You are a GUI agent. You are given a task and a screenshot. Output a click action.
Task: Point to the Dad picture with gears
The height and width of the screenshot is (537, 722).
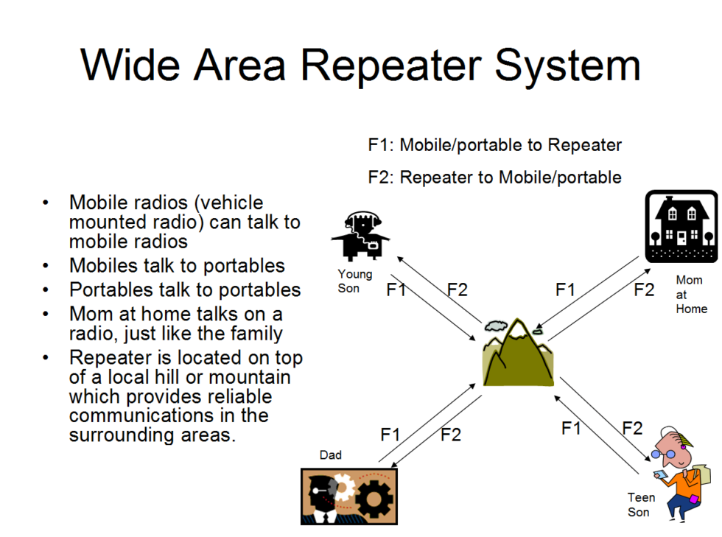(x=349, y=496)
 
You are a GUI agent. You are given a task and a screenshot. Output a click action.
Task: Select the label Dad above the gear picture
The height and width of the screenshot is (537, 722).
(x=331, y=455)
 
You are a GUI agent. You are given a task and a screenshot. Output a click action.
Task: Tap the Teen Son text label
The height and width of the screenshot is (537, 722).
(x=641, y=505)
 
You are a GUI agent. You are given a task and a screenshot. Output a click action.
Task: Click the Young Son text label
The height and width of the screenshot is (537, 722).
(x=355, y=281)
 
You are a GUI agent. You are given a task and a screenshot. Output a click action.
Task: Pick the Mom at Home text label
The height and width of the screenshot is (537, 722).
(x=691, y=295)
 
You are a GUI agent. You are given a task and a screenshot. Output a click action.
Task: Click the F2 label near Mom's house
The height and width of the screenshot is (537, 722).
(x=644, y=289)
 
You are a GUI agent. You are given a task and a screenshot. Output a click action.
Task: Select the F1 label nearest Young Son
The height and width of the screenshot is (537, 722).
(x=396, y=289)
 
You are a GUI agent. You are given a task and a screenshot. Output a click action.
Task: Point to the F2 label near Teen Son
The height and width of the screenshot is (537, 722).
(x=632, y=428)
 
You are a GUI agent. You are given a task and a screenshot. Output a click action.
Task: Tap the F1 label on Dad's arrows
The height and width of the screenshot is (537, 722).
(x=390, y=435)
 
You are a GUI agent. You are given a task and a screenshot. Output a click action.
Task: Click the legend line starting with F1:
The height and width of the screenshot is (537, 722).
(x=494, y=145)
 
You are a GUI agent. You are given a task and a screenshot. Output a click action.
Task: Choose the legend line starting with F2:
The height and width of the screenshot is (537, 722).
(x=494, y=178)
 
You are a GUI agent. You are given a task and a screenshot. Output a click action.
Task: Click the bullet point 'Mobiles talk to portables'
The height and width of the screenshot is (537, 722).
(x=177, y=265)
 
